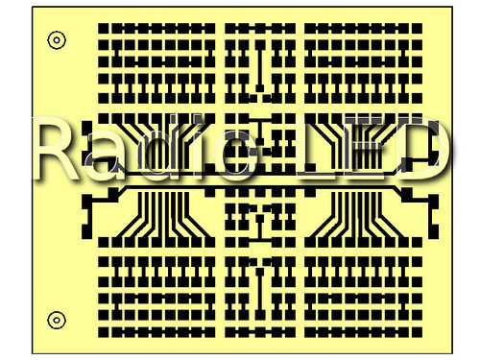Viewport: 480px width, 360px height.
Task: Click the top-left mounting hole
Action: (57, 40)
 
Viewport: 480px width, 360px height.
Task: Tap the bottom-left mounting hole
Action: (57, 320)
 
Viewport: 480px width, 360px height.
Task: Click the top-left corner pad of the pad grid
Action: (104, 28)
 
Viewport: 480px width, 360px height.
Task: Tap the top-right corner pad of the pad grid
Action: (417, 28)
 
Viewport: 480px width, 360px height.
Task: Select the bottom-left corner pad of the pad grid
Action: (104, 332)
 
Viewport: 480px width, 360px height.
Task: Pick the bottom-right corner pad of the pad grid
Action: (417, 332)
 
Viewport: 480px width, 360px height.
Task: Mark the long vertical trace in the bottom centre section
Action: (260, 294)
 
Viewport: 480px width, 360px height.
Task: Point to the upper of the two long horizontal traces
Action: (256, 175)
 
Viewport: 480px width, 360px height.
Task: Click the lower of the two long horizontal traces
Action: (257, 186)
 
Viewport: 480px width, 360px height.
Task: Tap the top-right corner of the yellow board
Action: (452, 7)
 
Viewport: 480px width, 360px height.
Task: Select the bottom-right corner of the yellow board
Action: (452, 353)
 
